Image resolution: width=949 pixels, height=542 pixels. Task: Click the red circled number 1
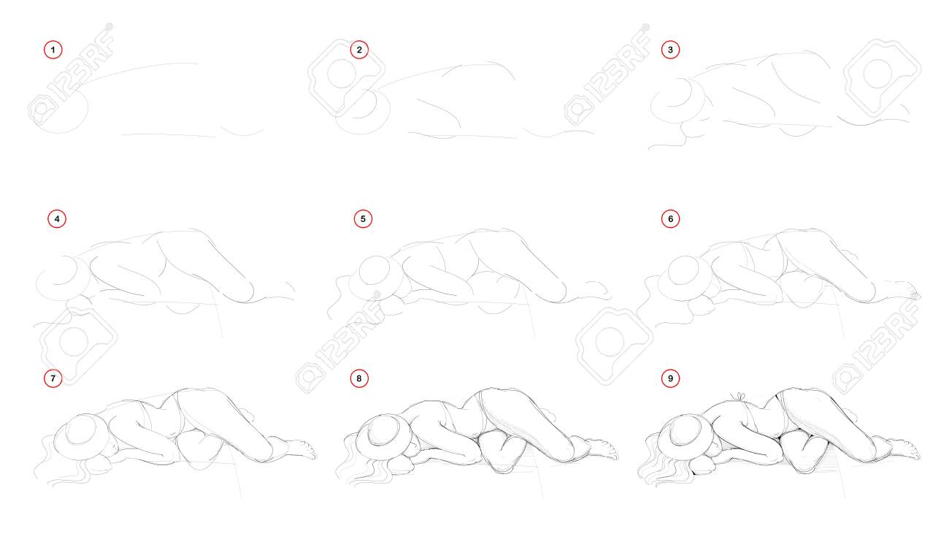[53, 50]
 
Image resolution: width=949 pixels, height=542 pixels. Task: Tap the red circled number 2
[359, 50]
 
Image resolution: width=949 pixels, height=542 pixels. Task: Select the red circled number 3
[670, 50]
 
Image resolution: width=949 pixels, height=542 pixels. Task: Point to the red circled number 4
[57, 219]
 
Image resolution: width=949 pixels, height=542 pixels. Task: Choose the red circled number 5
[363, 219]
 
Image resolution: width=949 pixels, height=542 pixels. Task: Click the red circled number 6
[670, 219]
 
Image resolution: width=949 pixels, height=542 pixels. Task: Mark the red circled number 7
[53, 378]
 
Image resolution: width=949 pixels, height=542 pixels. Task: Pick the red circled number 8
[359, 378]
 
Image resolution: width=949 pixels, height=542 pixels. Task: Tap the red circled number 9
[670, 378]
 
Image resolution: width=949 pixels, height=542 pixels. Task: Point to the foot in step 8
[601, 449]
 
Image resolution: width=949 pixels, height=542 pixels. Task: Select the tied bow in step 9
[739, 397]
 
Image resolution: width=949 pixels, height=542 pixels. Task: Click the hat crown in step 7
[81, 430]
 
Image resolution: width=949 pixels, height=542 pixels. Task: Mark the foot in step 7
[300, 449]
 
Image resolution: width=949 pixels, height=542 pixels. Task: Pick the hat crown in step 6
[684, 270]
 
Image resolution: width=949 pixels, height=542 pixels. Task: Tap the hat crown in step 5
[375, 270]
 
